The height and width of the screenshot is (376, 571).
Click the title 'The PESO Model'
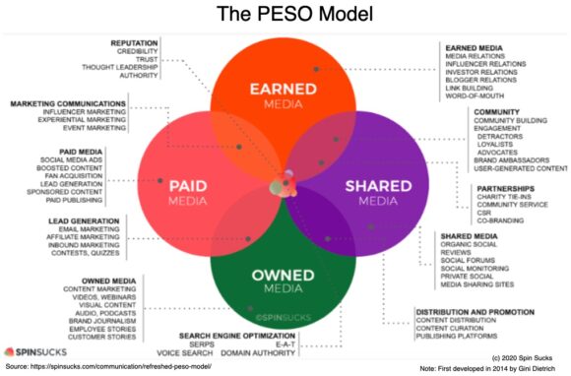coord(285,17)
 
